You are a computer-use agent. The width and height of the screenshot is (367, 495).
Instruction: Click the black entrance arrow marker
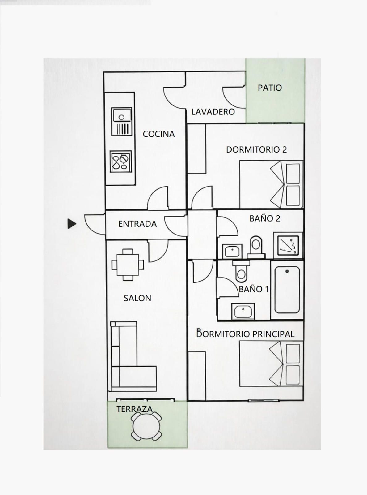(x=72, y=224)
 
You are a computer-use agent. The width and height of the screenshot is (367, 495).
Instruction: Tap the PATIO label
(x=270, y=88)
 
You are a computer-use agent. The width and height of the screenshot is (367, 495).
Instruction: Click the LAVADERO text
(x=213, y=112)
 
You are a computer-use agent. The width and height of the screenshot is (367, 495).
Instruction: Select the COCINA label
(x=159, y=134)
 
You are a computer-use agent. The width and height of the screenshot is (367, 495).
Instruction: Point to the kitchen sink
(x=121, y=122)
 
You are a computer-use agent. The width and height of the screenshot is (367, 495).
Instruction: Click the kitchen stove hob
(x=121, y=161)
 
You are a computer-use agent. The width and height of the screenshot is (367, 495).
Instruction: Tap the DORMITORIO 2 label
(x=256, y=149)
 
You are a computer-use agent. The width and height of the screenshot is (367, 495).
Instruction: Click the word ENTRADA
(x=137, y=224)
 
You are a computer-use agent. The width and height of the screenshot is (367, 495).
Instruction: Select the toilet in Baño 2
(x=256, y=247)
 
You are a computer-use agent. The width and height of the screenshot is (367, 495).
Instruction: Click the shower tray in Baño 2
(x=288, y=245)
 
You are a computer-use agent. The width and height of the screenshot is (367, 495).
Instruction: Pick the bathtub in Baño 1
(x=287, y=290)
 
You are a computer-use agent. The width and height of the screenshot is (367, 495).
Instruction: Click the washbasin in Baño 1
(x=243, y=311)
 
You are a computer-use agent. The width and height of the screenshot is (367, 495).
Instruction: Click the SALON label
(x=137, y=298)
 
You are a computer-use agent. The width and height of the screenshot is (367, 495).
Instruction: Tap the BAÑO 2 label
(x=265, y=218)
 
